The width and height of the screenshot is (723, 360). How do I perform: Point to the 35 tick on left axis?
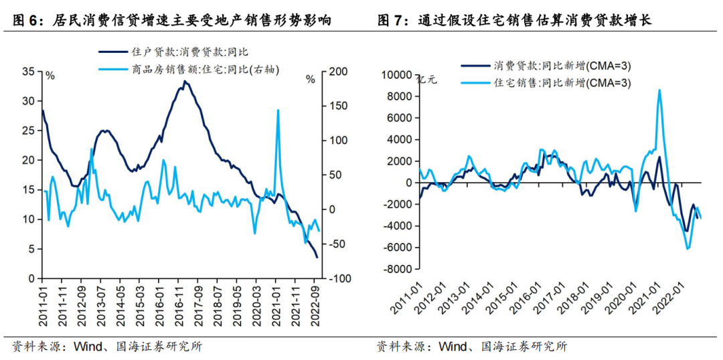(29, 72)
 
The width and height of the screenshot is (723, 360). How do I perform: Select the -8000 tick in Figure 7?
(396, 269)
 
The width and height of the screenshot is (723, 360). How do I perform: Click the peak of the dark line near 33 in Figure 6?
(185, 82)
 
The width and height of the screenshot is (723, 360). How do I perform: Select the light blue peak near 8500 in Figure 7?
(659, 90)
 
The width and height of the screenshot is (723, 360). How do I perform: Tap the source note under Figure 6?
(107, 347)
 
